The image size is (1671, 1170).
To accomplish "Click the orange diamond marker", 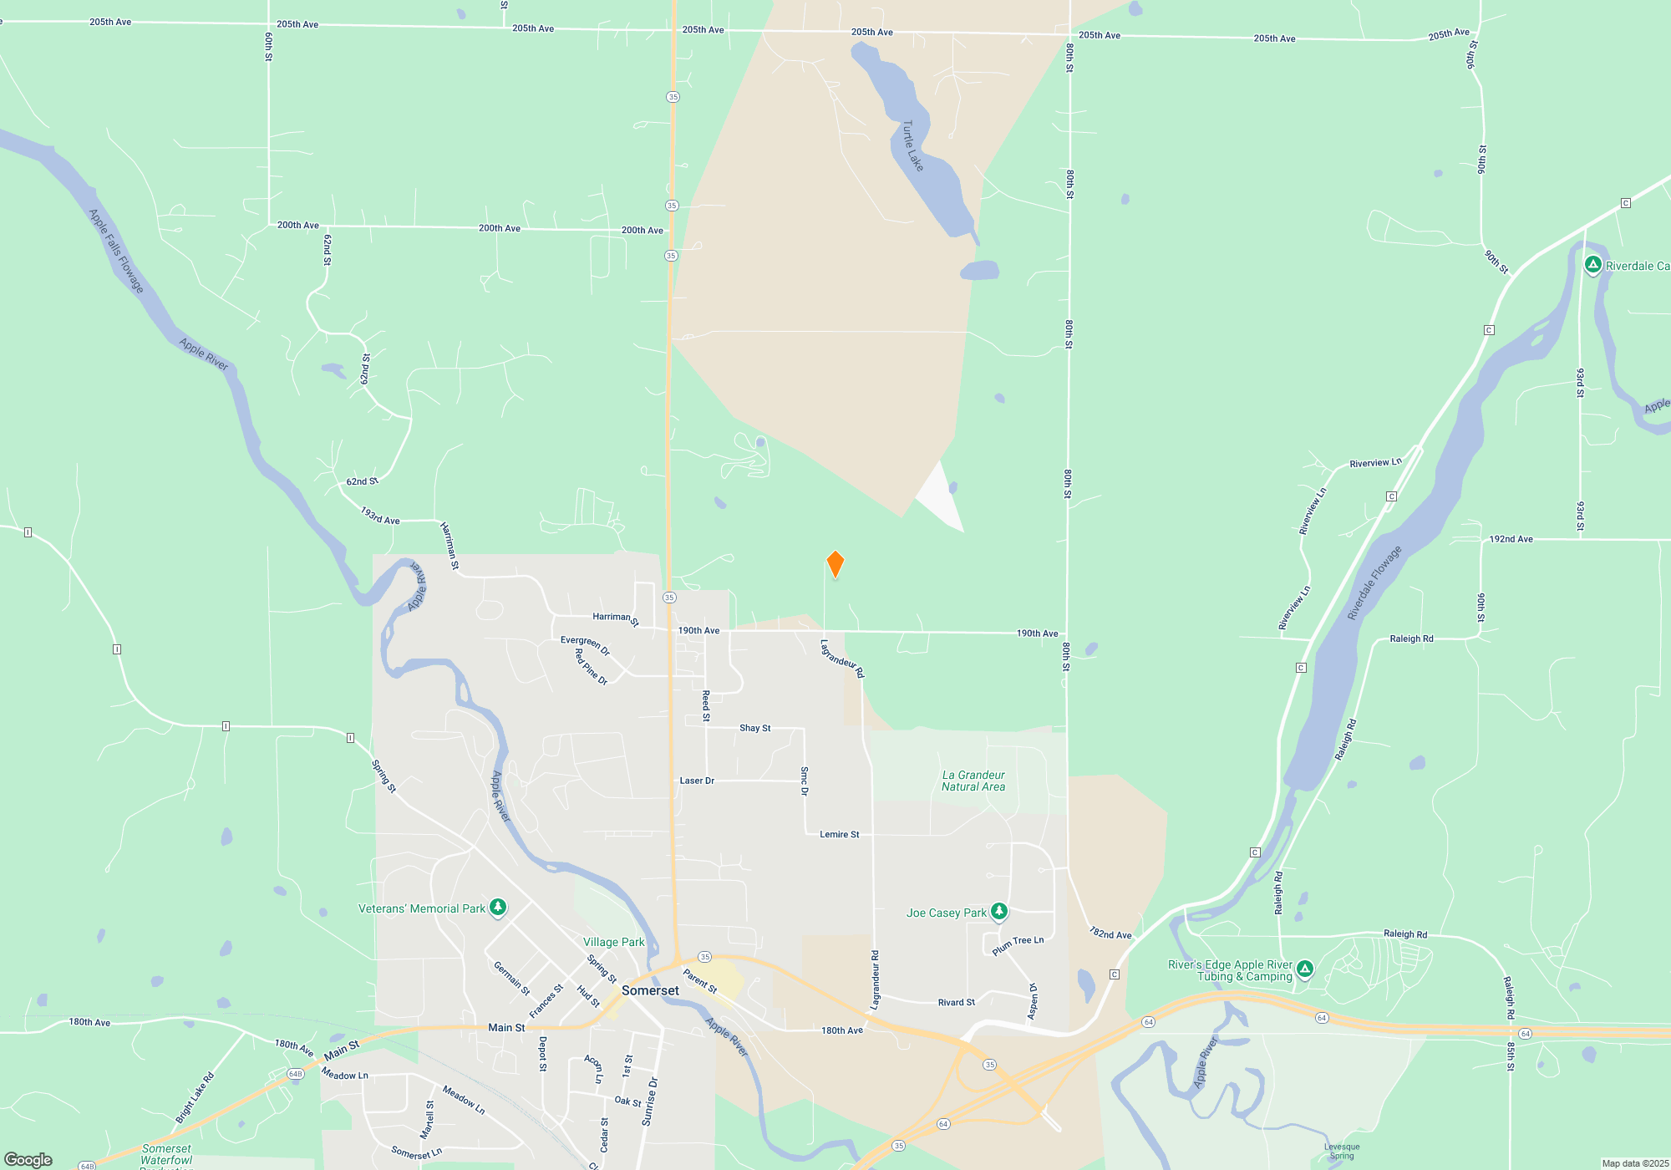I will tap(835, 564).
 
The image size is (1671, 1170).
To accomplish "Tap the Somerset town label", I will tap(650, 990).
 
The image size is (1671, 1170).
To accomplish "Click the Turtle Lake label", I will tap(912, 146).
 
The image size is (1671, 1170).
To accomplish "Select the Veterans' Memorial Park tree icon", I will tap(498, 907).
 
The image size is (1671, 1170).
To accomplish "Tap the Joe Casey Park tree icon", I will tap(999, 912).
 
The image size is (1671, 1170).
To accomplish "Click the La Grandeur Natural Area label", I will tap(973, 781).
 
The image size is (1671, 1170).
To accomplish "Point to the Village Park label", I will tap(613, 942).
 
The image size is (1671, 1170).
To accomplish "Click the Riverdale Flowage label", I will tap(1374, 583).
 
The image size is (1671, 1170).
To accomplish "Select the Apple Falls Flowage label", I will tap(116, 251).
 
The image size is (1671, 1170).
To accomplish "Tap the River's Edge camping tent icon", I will tap(1305, 969).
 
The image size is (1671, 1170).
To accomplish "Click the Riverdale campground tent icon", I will tap(1593, 265).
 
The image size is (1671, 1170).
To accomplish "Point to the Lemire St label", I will tap(839, 834).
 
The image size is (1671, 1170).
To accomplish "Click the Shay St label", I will tap(754, 728).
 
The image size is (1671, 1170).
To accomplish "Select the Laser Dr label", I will tap(697, 781).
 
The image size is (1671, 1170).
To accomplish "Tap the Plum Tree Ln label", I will tap(1018, 945).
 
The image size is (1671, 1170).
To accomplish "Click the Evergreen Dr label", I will tap(585, 645).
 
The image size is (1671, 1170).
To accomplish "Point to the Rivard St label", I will tap(956, 1002).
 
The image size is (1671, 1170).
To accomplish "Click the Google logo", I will tap(28, 1160).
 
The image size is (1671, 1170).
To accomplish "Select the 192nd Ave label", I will tap(1511, 539).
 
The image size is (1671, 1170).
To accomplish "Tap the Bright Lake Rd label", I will tap(195, 1097).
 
